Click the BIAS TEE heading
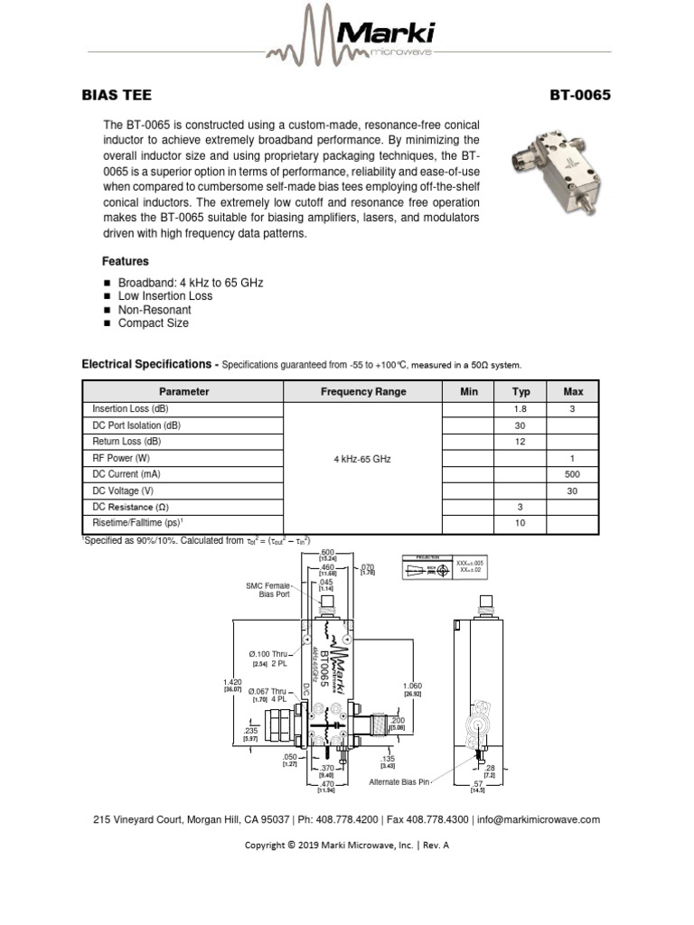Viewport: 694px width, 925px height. click(x=117, y=95)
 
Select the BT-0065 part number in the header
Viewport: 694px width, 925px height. click(x=580, y=95)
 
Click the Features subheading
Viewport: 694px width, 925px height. click(x=125, y=261)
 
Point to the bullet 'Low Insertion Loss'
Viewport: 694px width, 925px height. click(x=165, y=296)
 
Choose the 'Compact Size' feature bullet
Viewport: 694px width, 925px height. click(x=153, y=323)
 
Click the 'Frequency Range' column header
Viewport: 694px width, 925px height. click(x=363, y=392)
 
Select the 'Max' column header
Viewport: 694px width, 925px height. click(x=573, y=392)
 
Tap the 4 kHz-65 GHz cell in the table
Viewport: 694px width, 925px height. click(x=362, y=459)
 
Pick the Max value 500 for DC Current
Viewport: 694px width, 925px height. click(x=573, y=475)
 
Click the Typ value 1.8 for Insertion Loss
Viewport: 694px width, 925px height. click(x=520, y=409)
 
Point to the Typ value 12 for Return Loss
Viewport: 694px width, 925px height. click(x=520, y=442)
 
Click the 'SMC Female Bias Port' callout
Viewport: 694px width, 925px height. click(x=268, y=590)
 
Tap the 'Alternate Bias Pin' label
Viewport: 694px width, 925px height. click(x=399, y=781)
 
